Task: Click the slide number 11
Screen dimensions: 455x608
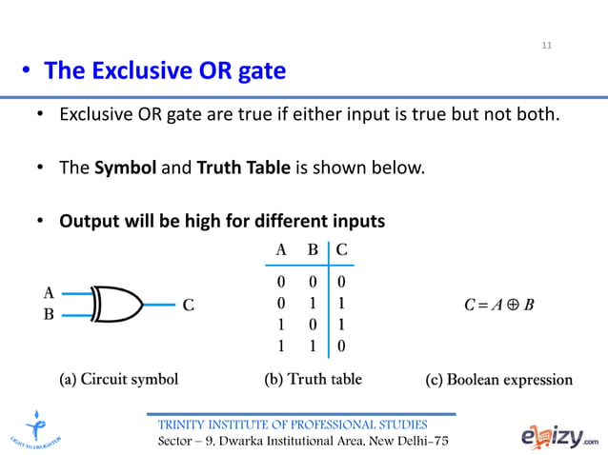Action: (x=547, y=45)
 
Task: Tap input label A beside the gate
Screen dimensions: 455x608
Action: (x=49, y=292)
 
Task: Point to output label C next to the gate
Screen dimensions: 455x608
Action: (x=188, y=306)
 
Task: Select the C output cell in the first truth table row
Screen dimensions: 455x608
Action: (x=342, y=283)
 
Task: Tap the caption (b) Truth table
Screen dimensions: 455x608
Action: (x=313, y=379)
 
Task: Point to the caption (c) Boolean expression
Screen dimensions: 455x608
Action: (x=498, y=380)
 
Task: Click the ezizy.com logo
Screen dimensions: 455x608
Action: (x=560, y=437)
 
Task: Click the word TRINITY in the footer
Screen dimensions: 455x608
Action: (x=186, y=424)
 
